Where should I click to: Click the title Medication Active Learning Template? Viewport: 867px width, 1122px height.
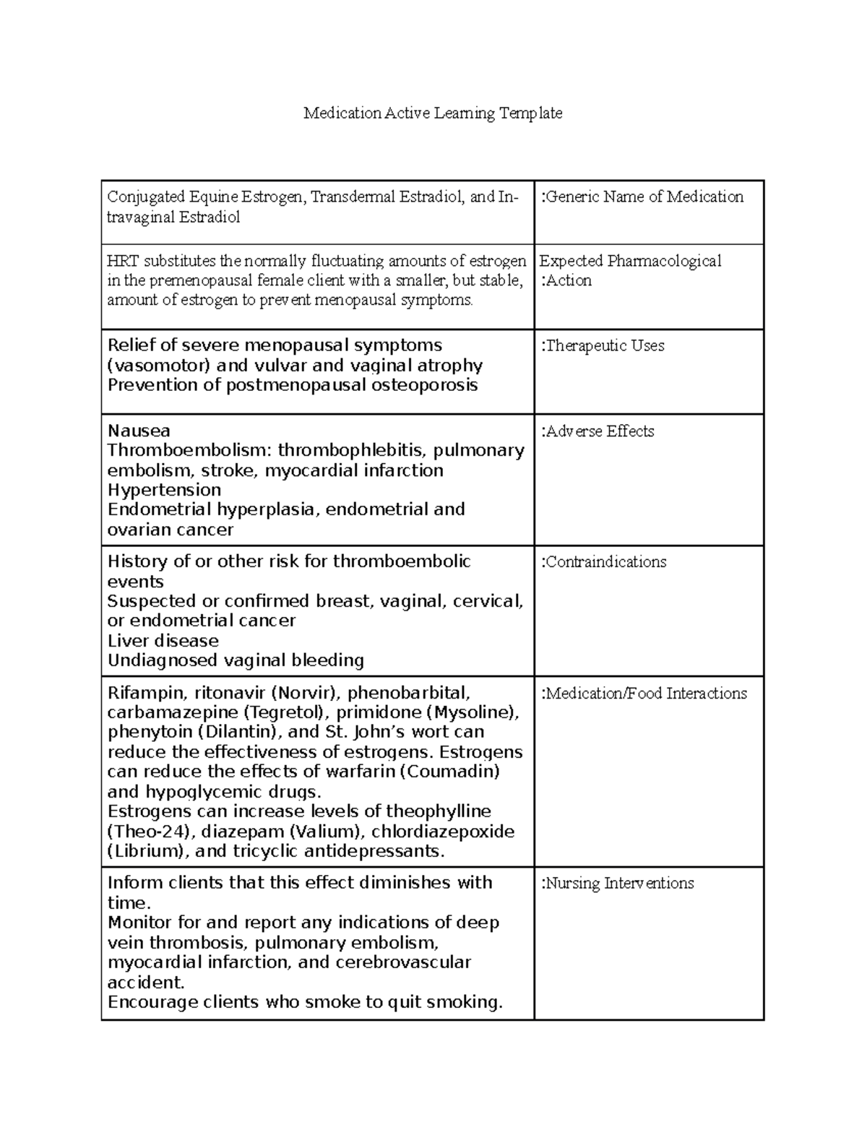tap(433, 113)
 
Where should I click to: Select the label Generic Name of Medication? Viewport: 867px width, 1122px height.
tap(642, 197)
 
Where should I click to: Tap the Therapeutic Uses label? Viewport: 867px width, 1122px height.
tap(603, 345)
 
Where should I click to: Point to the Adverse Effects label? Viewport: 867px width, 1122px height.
tap(598, 431)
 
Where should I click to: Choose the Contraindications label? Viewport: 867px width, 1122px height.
tap(603, 562)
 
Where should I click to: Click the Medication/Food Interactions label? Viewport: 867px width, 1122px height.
tap(644, 694)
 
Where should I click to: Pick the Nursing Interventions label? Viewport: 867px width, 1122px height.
tap(617, 883)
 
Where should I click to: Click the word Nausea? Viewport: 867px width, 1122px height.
tap(139, 431)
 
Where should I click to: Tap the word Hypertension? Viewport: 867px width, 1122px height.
tap(164, 490)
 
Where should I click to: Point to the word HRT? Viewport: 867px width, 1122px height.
tap(120, 261)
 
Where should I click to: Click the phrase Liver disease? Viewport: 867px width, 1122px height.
tap(163, 641)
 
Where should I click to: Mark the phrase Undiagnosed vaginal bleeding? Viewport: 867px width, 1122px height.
tap(236, 660)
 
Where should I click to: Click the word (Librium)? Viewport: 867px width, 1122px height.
tap(144, 851)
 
